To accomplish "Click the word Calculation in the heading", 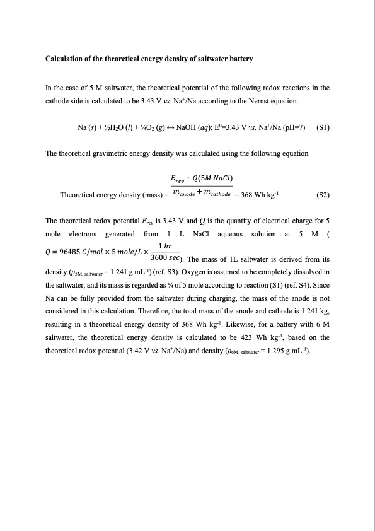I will [66, 59].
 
